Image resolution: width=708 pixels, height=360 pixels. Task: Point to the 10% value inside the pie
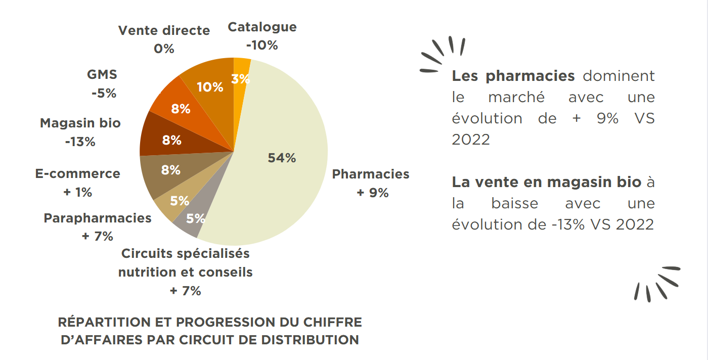coord(210,87)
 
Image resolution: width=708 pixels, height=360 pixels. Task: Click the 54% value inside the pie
coord(282,158)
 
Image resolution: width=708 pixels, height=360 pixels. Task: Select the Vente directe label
coord(164,30)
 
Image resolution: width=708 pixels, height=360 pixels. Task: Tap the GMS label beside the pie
coord(102,74)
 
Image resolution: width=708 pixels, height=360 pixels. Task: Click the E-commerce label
coord(78,173)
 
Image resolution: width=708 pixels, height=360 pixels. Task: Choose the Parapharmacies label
coord(98,218)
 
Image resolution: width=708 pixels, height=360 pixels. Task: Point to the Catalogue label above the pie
coord(262,27)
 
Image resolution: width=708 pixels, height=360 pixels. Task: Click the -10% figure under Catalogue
coord(262,45)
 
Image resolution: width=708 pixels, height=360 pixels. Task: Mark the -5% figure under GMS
coord(104,93)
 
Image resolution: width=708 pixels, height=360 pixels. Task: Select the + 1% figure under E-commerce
coord(77,192)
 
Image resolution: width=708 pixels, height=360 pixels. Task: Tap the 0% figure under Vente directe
coord(164,49)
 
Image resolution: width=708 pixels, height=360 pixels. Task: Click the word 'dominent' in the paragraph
coord(618,76)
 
